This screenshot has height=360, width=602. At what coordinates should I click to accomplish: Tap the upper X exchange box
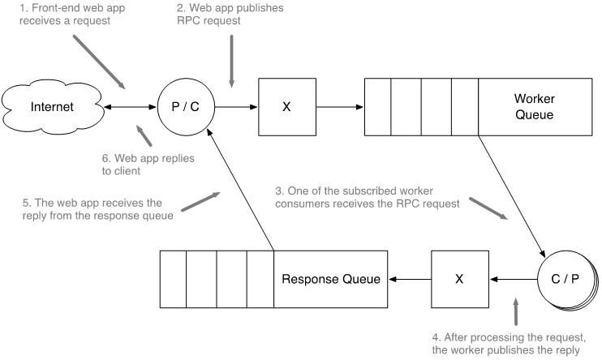(286, 107)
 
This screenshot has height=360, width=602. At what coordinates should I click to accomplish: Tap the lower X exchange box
(458, 279)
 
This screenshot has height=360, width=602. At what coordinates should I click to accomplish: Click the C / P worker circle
(565, 279)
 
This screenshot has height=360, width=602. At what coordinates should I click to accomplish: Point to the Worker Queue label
(533, 107)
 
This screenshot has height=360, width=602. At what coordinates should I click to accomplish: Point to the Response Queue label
(330, 279)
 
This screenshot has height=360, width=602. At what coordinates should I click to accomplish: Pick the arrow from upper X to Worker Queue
(338, 107)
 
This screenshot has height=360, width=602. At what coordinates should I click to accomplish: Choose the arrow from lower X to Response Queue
(409, 279)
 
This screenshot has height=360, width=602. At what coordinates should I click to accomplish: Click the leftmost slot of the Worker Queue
(378, 107)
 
